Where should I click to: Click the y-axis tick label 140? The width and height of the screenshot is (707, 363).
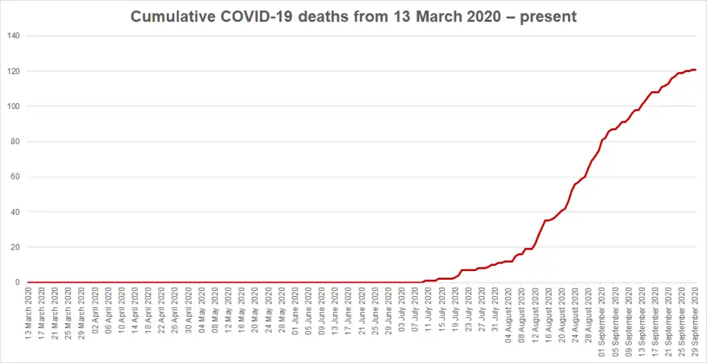pyautogui.click(x=13, y=36)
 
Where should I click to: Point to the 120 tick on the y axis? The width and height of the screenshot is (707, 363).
pyautogui.click(x=13, y=71)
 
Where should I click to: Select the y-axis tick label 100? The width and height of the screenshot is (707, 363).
pyautogui.click(x=13, y=107)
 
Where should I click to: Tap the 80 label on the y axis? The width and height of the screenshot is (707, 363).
pyautogui.click(x=15, y=141)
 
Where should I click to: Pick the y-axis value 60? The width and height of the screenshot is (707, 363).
pyautogui.click(x=15, y=177)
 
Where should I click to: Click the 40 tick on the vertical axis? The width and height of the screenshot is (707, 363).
pyautogui.click(x=15, y=212)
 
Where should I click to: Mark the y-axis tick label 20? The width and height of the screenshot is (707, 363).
pyautogui.click(x=15, y=247)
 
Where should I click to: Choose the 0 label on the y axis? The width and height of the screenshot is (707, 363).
pyautogui.click(x=18, y=282)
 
